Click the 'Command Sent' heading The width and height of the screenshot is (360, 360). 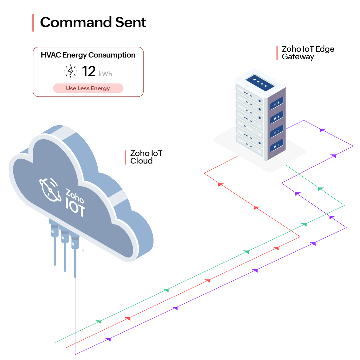pos(93,23)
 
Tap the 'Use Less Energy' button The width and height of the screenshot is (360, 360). pos(88,88)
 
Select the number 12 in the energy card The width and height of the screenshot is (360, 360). pos(89,71)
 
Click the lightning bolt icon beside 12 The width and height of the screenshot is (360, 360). pos(71,71)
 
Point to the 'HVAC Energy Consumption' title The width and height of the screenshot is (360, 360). pos(88,55)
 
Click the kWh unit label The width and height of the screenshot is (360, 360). pos(105,74)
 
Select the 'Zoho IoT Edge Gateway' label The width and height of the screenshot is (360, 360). pos(308,53)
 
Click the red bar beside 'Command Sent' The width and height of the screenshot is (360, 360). pos(33,23)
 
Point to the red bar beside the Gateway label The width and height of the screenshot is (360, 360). pos(277,53)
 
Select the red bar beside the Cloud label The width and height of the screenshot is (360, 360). pos(126,157)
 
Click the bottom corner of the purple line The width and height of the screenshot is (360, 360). pos(76,354)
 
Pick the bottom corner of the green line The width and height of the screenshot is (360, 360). pos(55,342)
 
